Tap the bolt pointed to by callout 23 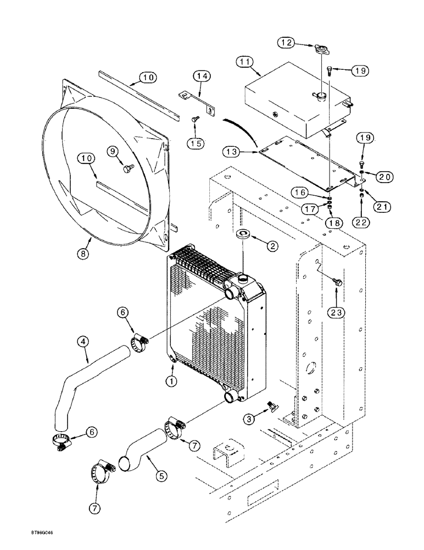point(337,282)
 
